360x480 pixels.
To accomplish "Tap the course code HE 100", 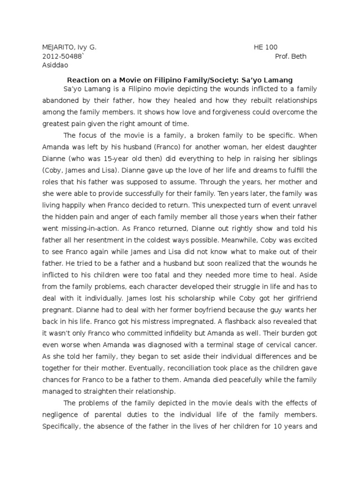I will [x=266, y=47].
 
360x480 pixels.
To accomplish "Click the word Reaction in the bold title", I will [x=83, y=80].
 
